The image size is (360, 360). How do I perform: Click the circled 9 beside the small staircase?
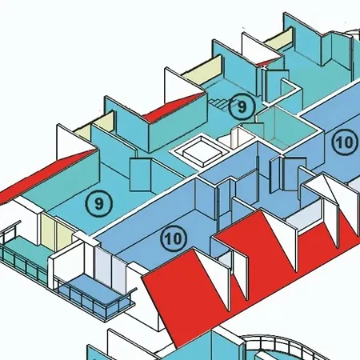point(242,106)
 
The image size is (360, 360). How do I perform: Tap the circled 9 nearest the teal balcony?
point(99,204)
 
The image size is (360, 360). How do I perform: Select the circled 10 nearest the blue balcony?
point(174,238)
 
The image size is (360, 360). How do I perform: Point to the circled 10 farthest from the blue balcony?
point(346,142)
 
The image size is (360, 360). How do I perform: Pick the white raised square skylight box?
point(202,151)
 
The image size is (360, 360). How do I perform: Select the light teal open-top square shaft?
point(287,127)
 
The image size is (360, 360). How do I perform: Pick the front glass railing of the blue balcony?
point(94,302)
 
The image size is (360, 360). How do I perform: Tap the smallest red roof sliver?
point(265,63)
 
